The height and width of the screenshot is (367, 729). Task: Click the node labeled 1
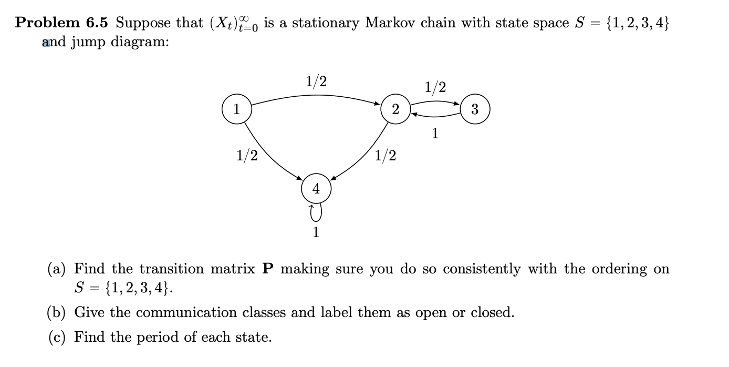coord(237,110)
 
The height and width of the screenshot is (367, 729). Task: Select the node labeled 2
coord(395,109)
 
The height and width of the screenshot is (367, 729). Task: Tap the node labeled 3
coord(475,109)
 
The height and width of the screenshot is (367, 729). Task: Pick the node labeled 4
coord(316,189)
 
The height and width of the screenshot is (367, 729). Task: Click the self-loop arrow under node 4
coord(316,213)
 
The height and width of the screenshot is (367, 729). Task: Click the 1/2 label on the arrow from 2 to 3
coord(435,87)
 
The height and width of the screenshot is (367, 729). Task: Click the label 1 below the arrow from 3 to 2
coord(434,134)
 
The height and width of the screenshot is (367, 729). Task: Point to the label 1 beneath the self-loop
coord(316,232)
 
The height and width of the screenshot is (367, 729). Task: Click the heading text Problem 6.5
coord(61,23)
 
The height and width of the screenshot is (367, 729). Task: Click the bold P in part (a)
coord(268,269)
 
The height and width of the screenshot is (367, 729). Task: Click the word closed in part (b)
coord(492,313)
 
